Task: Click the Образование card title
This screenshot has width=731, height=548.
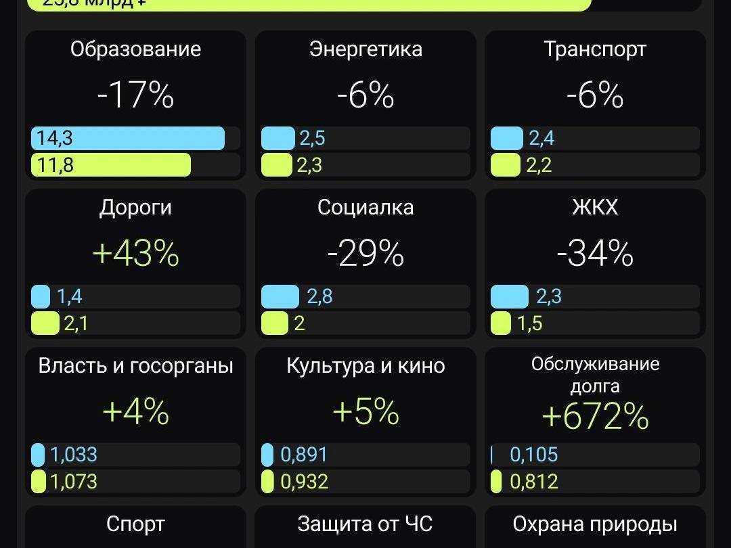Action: coord(135,49)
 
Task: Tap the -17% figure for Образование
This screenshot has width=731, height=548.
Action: coord(135,95)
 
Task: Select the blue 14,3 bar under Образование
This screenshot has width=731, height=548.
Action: coord(128,138)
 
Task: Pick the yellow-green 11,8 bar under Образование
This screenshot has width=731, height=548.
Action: coord(111,165)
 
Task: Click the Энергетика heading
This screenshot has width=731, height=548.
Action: coord(365,49)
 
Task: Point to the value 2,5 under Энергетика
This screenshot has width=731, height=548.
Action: coord(312,138)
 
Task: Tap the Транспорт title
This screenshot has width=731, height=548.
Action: coord(595,49)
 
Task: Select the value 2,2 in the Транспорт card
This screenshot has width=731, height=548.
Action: coord(539,165)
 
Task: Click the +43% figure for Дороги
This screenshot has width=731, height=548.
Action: coord(135,254)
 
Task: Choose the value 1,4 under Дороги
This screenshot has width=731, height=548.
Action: coord(69,296)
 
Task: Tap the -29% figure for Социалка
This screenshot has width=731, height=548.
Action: coord(365,254)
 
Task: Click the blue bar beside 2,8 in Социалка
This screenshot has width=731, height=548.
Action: coord(280,296)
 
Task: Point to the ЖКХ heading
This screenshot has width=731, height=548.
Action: coord(595,208)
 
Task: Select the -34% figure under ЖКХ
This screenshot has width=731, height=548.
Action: coord(595,254)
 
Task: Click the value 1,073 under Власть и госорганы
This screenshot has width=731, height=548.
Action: coord(74,482)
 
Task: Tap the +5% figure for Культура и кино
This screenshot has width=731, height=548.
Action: coord(365,411)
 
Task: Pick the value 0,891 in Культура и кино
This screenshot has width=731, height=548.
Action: coord(304,455)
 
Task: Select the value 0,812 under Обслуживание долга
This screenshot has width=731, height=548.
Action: coord(534,482)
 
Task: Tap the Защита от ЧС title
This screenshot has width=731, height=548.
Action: coord(365,524)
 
